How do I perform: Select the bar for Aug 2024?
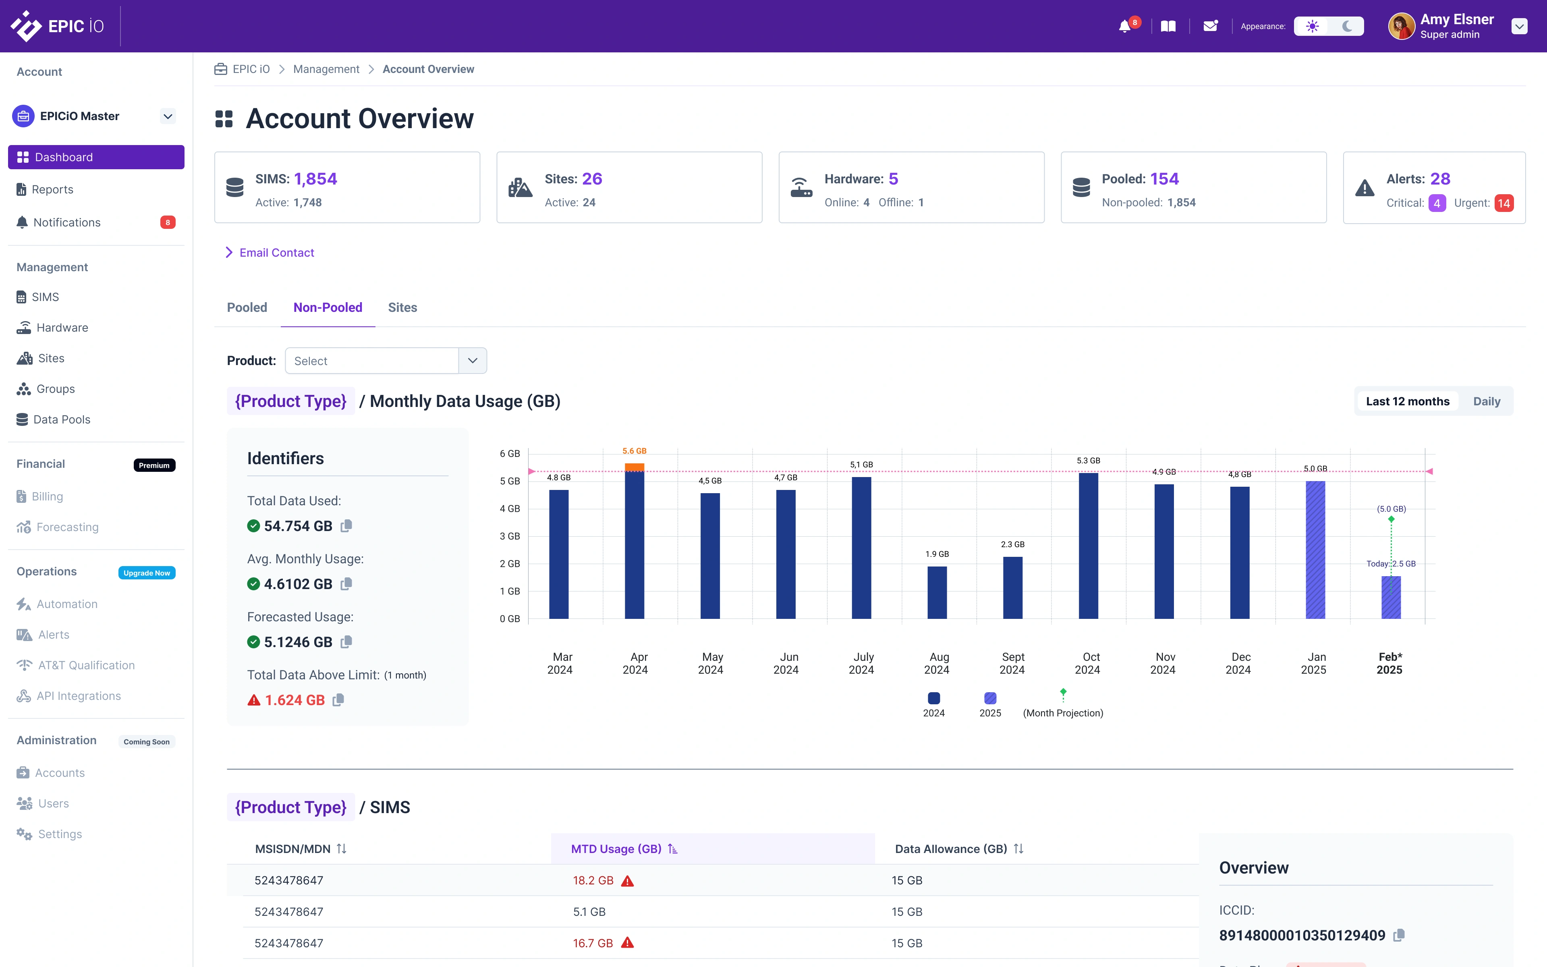click(937, 592)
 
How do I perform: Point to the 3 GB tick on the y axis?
click(510, 536)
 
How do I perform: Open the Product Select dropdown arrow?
click(473, 361)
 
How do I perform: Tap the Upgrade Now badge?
click(146, 573)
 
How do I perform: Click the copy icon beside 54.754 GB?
click(346, 526)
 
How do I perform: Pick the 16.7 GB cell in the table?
click(593, 943)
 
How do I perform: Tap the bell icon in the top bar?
click(1124, 26)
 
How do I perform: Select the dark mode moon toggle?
click(1347, 26)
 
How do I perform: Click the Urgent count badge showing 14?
click(1503, 203)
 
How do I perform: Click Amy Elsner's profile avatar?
click(1401, 26)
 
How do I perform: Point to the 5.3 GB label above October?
click(1088, 461)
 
